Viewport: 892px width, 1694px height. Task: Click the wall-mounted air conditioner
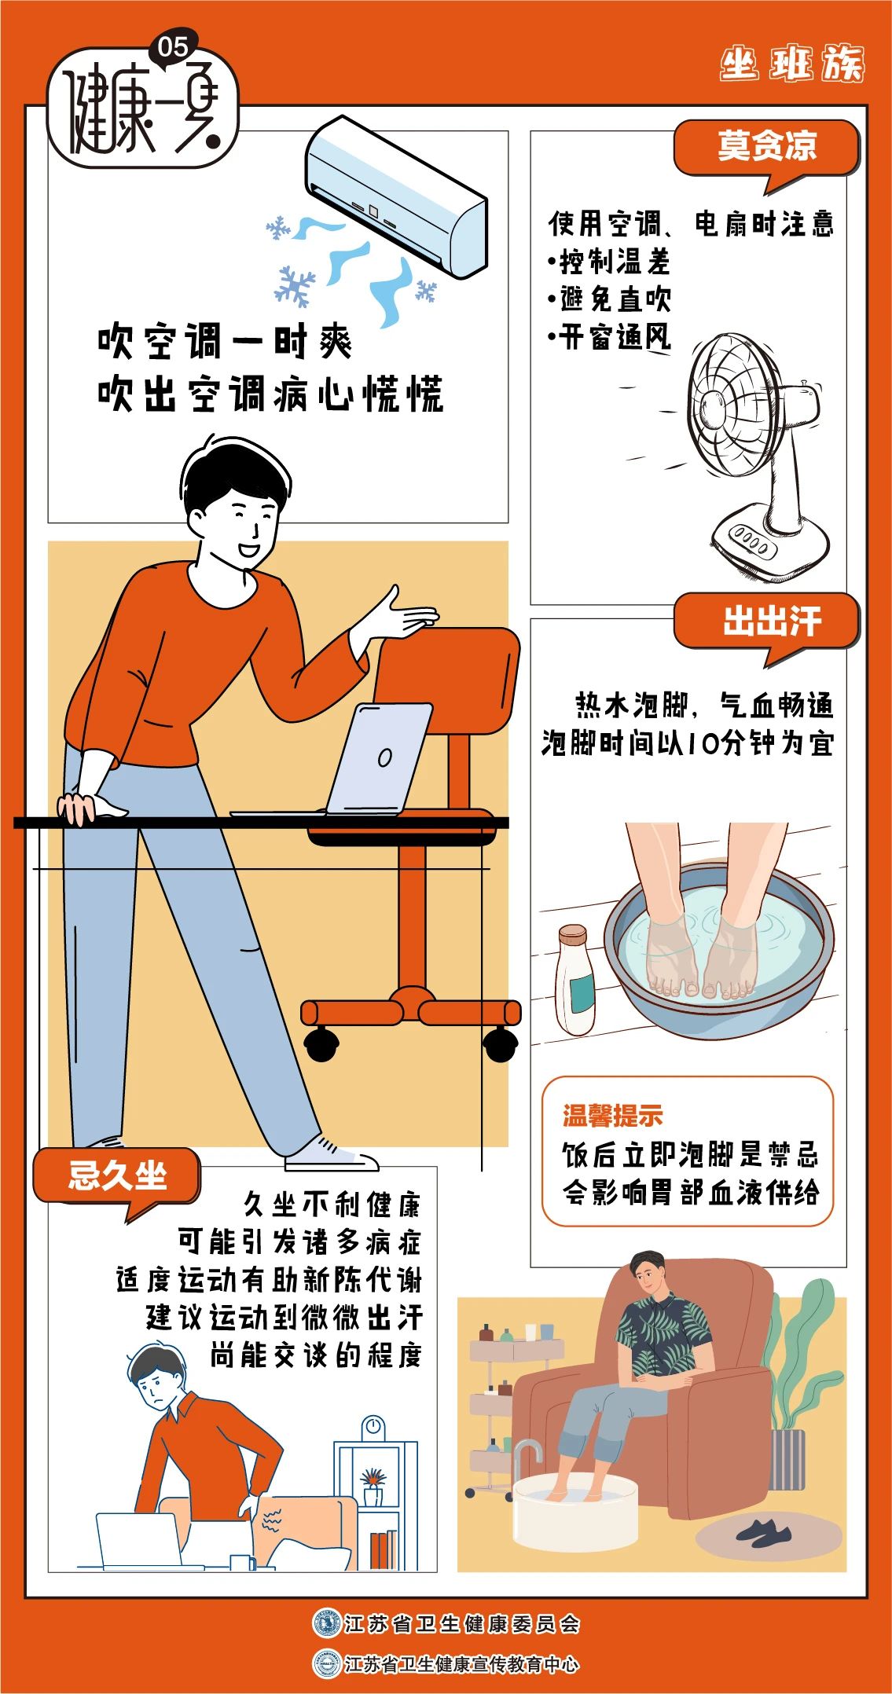coord(396,197)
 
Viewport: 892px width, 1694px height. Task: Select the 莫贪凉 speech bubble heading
coord(766,146)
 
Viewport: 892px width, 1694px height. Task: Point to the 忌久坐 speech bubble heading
coord(116,1176)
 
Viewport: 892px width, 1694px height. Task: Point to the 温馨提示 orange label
coord(612,1116)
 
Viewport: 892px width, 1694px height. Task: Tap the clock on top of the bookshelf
coord(373,1426)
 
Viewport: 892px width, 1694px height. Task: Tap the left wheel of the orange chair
coord(321,1043)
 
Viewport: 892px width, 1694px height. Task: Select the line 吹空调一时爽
coord(226,343)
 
